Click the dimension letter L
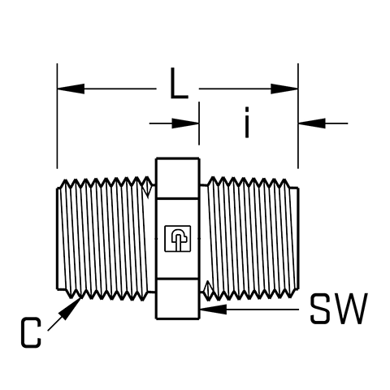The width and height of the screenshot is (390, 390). tap(179, 83)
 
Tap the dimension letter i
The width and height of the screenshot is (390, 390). tap(247, 123)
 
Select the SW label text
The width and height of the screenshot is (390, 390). tap(339, 309)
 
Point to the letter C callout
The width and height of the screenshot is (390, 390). tap(31, 332)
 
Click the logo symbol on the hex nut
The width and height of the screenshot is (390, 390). tap(178, 239)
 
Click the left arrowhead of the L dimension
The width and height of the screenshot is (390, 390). tap(71, 89)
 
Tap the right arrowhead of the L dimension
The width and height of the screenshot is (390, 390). tap(284, 89)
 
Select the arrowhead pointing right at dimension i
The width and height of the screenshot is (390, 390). tap(185, 123)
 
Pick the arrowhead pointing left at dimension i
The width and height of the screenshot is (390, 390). tap(312, 123)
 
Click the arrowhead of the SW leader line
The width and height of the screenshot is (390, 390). tap(214, 310)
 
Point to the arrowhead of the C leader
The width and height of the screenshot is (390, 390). tap(70, 309)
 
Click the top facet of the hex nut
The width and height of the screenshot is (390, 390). tap(178, 179)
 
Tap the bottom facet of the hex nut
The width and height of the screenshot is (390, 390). tap(178, 299)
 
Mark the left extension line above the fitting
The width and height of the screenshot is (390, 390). tap(57, 116)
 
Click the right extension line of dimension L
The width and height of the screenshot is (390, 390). tap(298, 116)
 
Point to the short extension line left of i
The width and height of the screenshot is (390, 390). tap(199, 123)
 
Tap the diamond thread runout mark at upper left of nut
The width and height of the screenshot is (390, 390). tap(148, 187)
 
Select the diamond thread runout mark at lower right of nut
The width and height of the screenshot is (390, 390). tap(208, 290)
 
